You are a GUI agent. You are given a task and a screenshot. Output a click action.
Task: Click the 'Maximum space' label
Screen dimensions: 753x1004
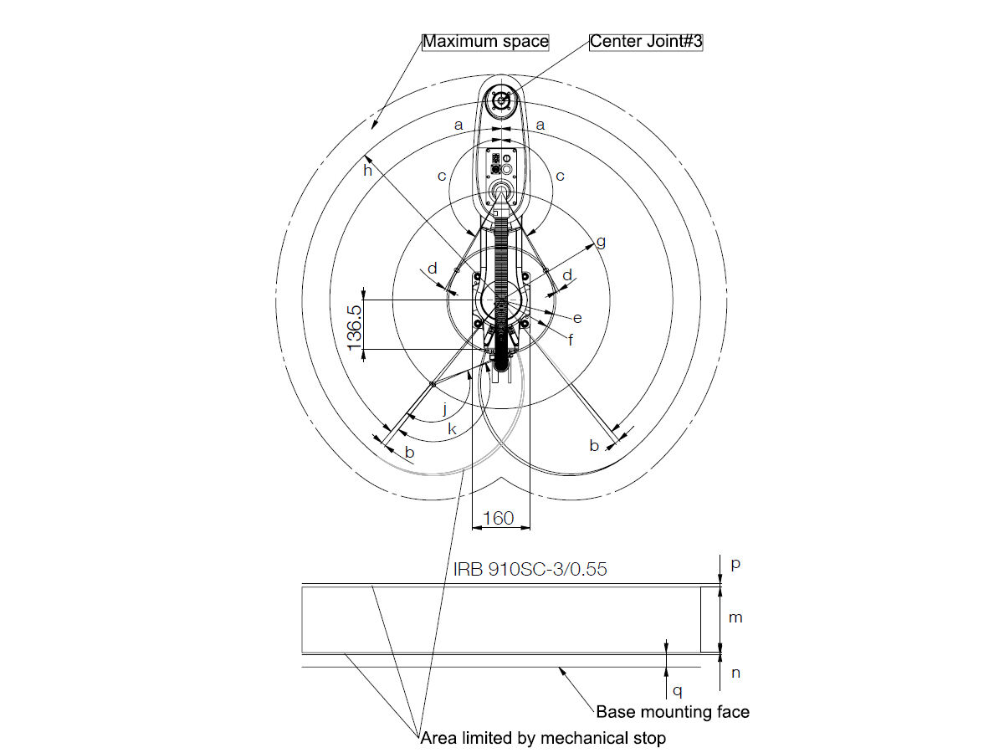[x=485, y=41]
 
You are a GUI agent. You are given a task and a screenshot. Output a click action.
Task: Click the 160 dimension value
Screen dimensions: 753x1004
[x=499, y=519]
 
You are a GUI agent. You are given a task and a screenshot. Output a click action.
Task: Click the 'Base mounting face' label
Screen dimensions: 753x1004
[x=673, y=712]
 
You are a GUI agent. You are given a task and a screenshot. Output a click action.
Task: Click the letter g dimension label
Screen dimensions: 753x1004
[x=601, y=242]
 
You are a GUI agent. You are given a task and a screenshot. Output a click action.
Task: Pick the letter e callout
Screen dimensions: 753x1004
[x=577, y=318]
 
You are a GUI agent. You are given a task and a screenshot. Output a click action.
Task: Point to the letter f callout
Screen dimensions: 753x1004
[x=571, y=340]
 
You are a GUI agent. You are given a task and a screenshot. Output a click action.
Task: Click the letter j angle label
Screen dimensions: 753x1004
[x=445, y=409]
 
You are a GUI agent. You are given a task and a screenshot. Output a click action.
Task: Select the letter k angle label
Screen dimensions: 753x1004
[x=452, y=429]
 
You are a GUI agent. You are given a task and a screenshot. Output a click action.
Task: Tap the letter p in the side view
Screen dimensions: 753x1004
[x=735, y=564]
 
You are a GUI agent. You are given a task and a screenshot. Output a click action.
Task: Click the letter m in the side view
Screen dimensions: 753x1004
[x=735, y=617]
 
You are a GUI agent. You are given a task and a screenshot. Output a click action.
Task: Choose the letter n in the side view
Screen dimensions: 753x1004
[x=735, y=672]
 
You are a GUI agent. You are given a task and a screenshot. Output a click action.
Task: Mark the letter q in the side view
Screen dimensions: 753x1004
[x=679, y=691]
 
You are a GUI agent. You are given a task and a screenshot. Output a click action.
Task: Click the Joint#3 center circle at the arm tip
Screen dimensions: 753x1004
[x=501, y=100]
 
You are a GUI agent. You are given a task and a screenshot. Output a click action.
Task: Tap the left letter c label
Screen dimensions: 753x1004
[x=442, y=176]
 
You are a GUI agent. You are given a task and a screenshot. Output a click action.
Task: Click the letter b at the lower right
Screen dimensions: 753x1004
[x=594, y=446]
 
